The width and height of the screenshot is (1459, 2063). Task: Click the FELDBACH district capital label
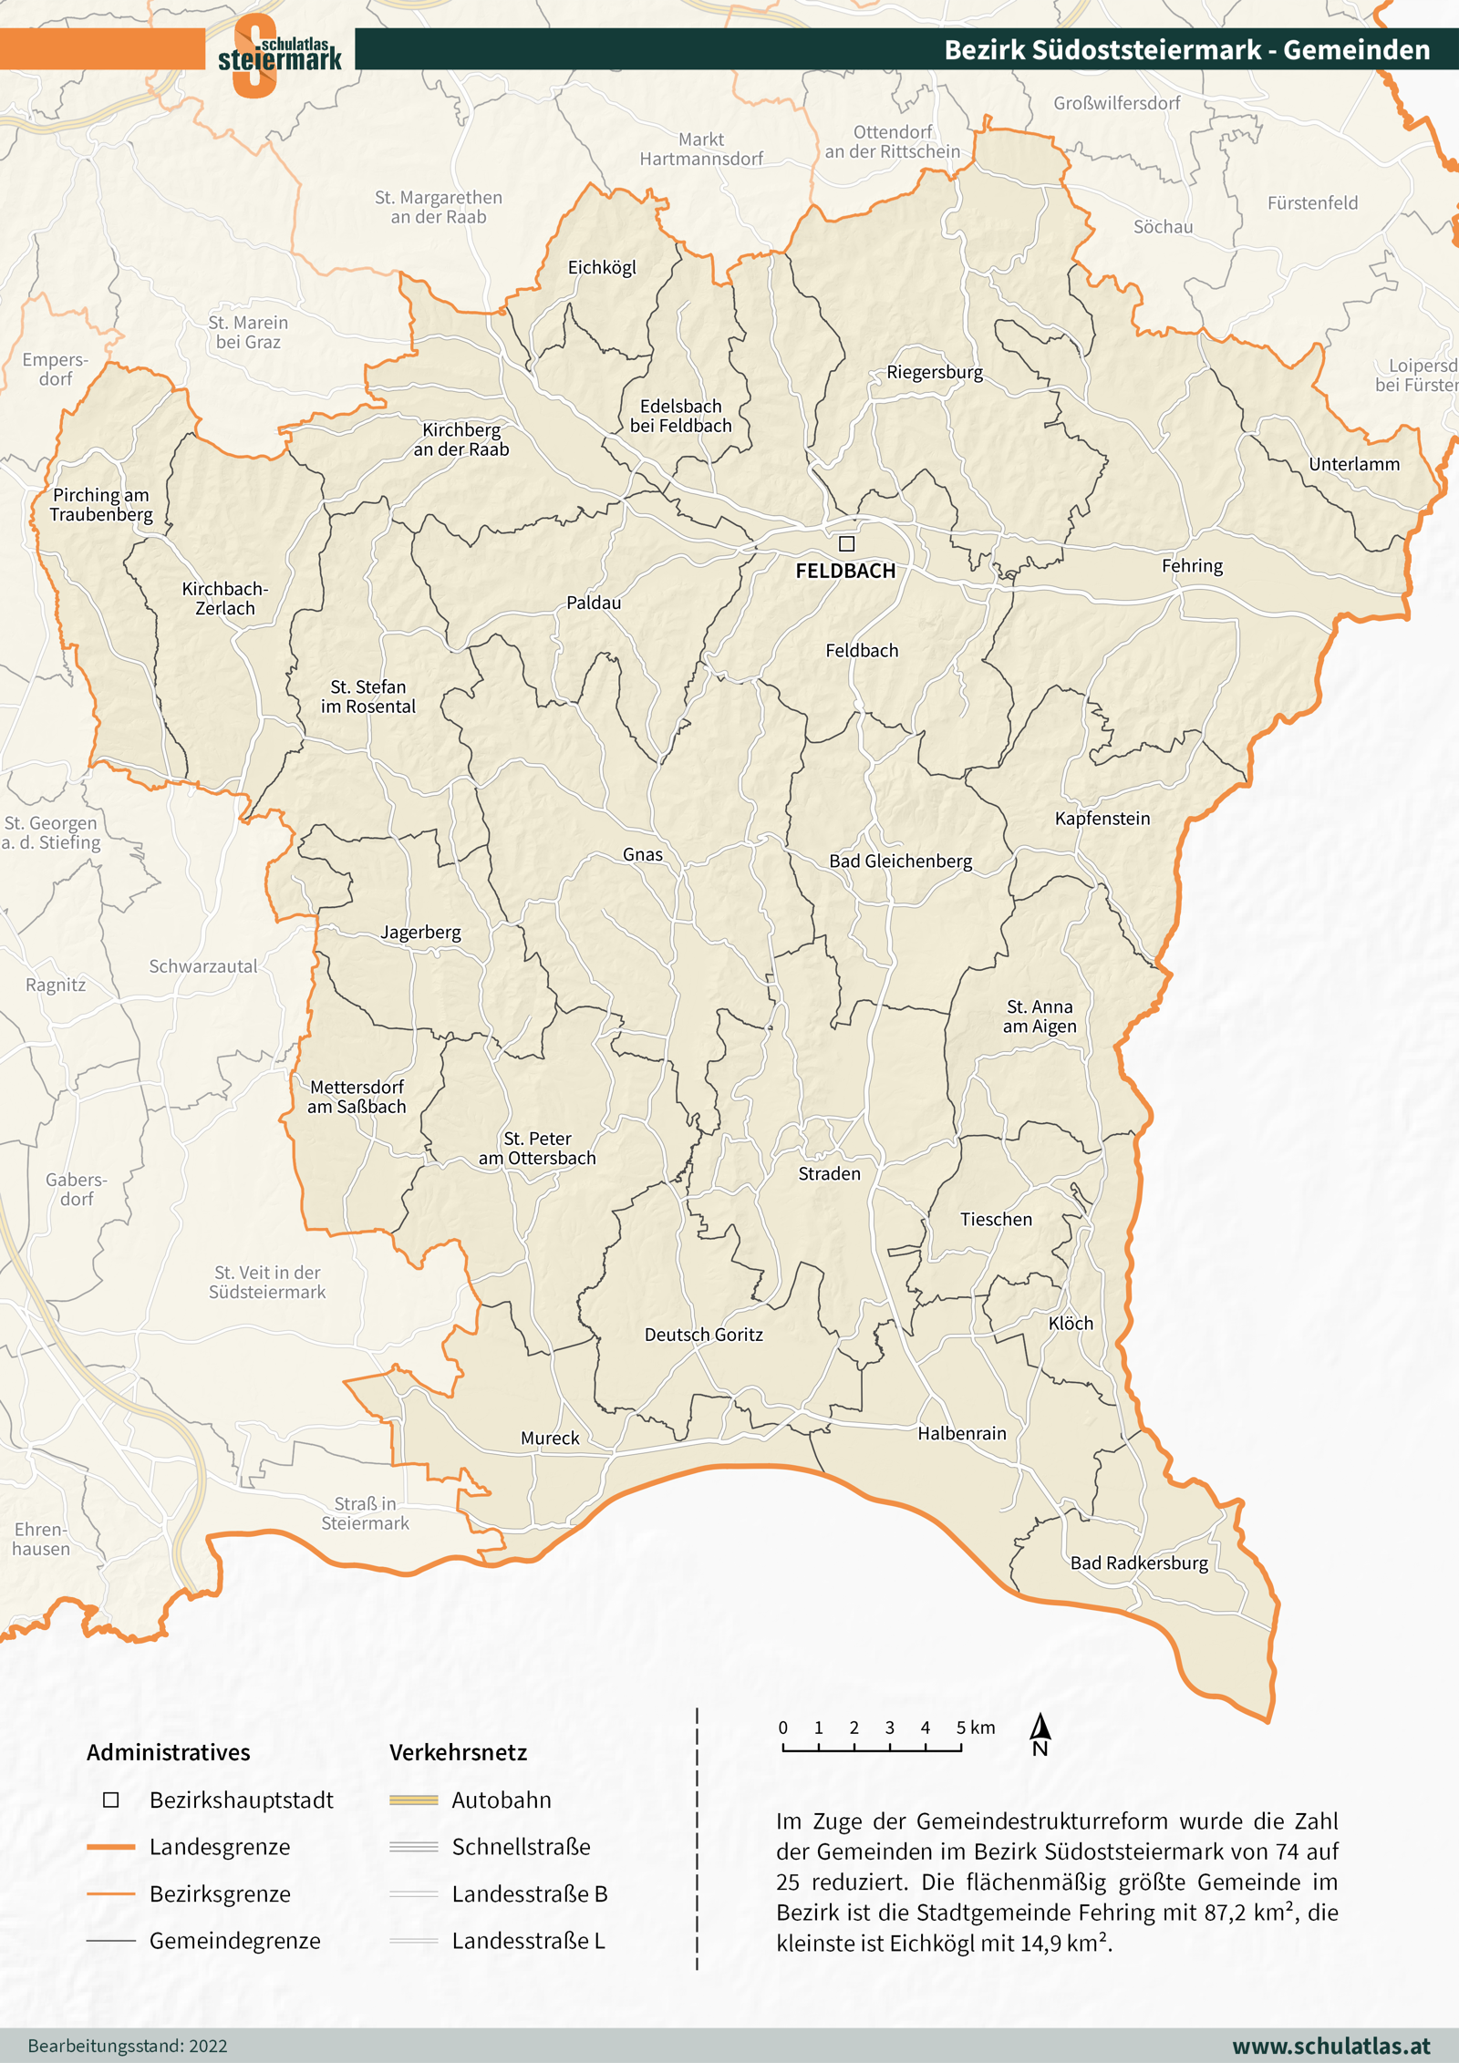pyautogui.click(x=845, y=572)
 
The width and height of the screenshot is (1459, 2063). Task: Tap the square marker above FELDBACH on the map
pyautogui.click(x=846, y=543)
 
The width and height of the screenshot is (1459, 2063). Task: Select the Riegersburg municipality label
pyautogui.click(x=935, y=372)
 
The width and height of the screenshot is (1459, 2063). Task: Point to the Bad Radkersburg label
pyautogui.click(x=1139, y=1563)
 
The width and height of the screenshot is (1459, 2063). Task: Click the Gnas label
pyautogui.click(x=643, y=854)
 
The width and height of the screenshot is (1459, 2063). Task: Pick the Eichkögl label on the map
pyautogui.click(x=602, y=267)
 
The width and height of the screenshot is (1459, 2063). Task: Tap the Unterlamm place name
pyautogui.click(x=1354, y=464)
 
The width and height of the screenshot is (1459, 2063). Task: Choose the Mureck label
pyautogui.click(x=550, y=1438)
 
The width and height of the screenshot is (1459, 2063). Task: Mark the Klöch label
pyautogui.click(x=1071, y=1323)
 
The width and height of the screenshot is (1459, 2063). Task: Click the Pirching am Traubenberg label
pyautogui.click(x=101, y=504)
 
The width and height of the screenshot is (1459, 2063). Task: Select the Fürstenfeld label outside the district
pyautogui.click(x=1312, y=202)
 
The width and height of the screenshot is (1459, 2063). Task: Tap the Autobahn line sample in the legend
pyautogui.click(x=413, y=1800)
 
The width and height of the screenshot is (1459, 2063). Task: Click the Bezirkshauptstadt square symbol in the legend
pyautogui.click(x=111, y=1800)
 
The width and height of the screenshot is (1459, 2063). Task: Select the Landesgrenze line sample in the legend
pyautogui.click(x=111, y=1846)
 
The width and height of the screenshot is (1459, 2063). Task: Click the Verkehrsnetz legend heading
pyautogui.click(x=458, y=1752)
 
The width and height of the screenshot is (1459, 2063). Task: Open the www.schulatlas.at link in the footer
pyautogui.click(x=1330, y=2046)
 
